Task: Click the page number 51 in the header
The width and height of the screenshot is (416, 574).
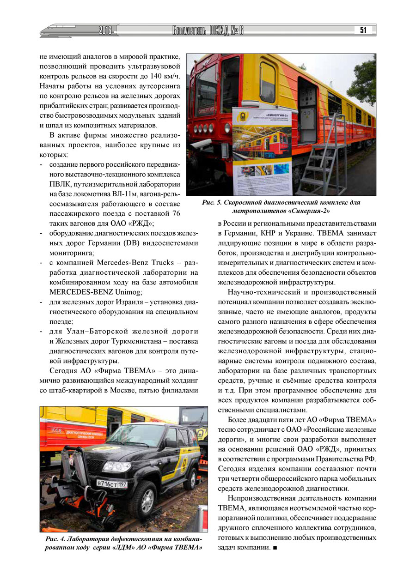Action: pos(363,30)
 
